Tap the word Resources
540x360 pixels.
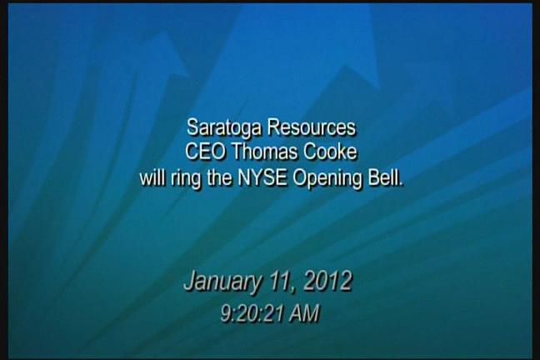tap(312, 127)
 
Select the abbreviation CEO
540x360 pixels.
tap(205, 152)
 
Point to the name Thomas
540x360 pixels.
tap(264, 152)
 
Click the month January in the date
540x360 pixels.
tap(222, 282)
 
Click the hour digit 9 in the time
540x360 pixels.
tap(225, 313)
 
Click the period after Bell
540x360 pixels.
tap(401, 184)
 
